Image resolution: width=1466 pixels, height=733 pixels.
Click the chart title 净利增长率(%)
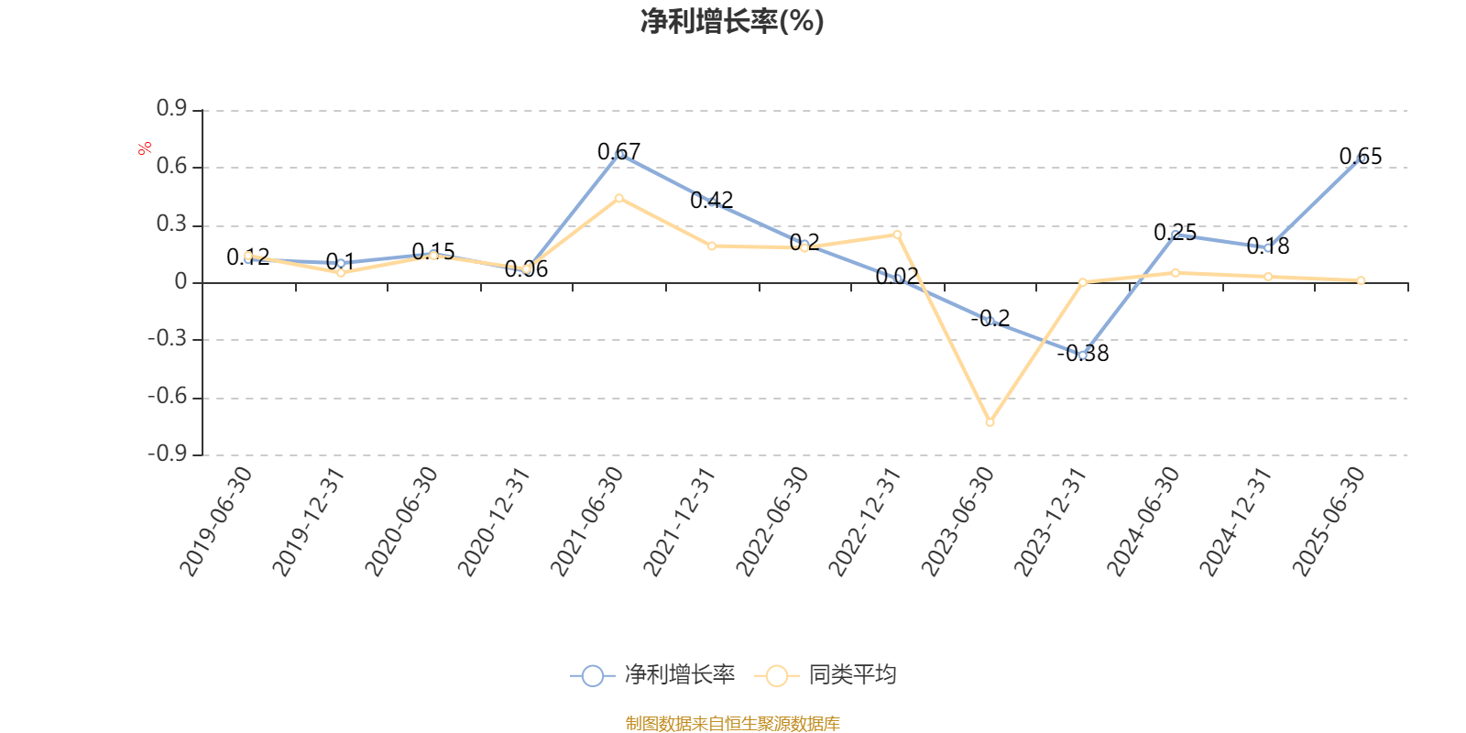click(x=732, y=21)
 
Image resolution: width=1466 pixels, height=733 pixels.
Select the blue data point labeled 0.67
click(x=619, y=154)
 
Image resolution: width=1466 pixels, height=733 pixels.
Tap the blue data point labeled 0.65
click(x=1361, y=158)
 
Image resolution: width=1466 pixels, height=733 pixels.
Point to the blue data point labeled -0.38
click(x=1083, y=355)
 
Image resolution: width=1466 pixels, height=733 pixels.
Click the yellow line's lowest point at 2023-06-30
click(x=990, y=422)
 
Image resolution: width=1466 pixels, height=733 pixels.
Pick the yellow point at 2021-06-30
click(x=619, y=198)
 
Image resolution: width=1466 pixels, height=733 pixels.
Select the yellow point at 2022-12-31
click(x=897, y=235)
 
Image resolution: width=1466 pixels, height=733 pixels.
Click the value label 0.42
click(x=712, y=200)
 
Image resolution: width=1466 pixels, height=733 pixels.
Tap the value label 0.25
click(x=1175, y=232)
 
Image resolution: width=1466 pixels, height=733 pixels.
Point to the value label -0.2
click(x=990, y=318)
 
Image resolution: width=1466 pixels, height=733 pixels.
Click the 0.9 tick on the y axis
click(x=171, y=109)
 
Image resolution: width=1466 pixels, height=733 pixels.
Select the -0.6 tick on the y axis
click(x=168, y=397)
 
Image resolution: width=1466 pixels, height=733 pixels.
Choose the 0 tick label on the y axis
click(x=181, y=282)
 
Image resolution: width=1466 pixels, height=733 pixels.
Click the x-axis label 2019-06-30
click(x=216, y=521)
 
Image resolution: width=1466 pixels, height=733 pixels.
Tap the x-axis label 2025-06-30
click(x=1329, y=521)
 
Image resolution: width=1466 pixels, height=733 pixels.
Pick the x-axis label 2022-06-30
click(x=772, y=521)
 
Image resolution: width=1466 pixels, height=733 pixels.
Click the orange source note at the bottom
click(x=732, y=724)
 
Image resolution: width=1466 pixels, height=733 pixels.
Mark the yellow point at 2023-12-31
click(x=1082, y=282)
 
